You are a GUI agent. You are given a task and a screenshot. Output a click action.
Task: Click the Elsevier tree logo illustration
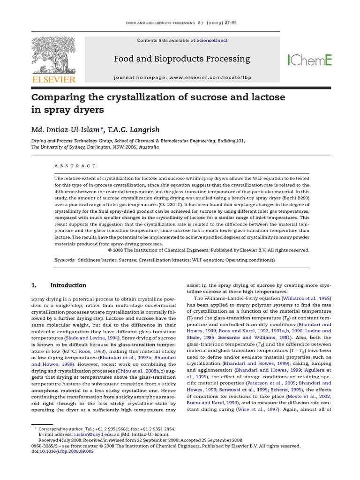[x=53, y=55]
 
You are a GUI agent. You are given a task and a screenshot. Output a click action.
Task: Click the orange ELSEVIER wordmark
[x=53, y=80]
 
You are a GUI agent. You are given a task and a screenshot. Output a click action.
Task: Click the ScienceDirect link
[x=212, y=41]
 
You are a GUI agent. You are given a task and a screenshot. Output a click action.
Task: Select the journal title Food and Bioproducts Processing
[x=182, y=59]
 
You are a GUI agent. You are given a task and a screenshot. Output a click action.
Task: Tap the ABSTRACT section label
[x=75, y=166]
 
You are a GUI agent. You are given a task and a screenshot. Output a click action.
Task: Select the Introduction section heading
[x=68, y=285]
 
